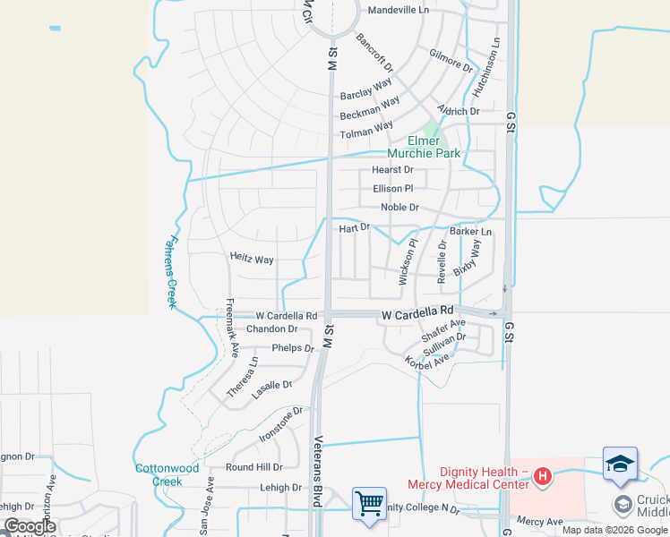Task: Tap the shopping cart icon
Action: click(369, 503)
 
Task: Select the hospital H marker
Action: click(541, 475)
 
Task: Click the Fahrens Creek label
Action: click(173, 272)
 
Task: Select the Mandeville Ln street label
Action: click(399, 10)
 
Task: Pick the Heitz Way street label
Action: click(252, 260)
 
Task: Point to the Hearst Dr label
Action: click(392, 170)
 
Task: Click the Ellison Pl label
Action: click(392, 189)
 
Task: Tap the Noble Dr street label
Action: click(399, 208)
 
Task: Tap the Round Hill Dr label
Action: click(253, 467)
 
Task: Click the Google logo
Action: click(30, 526)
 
